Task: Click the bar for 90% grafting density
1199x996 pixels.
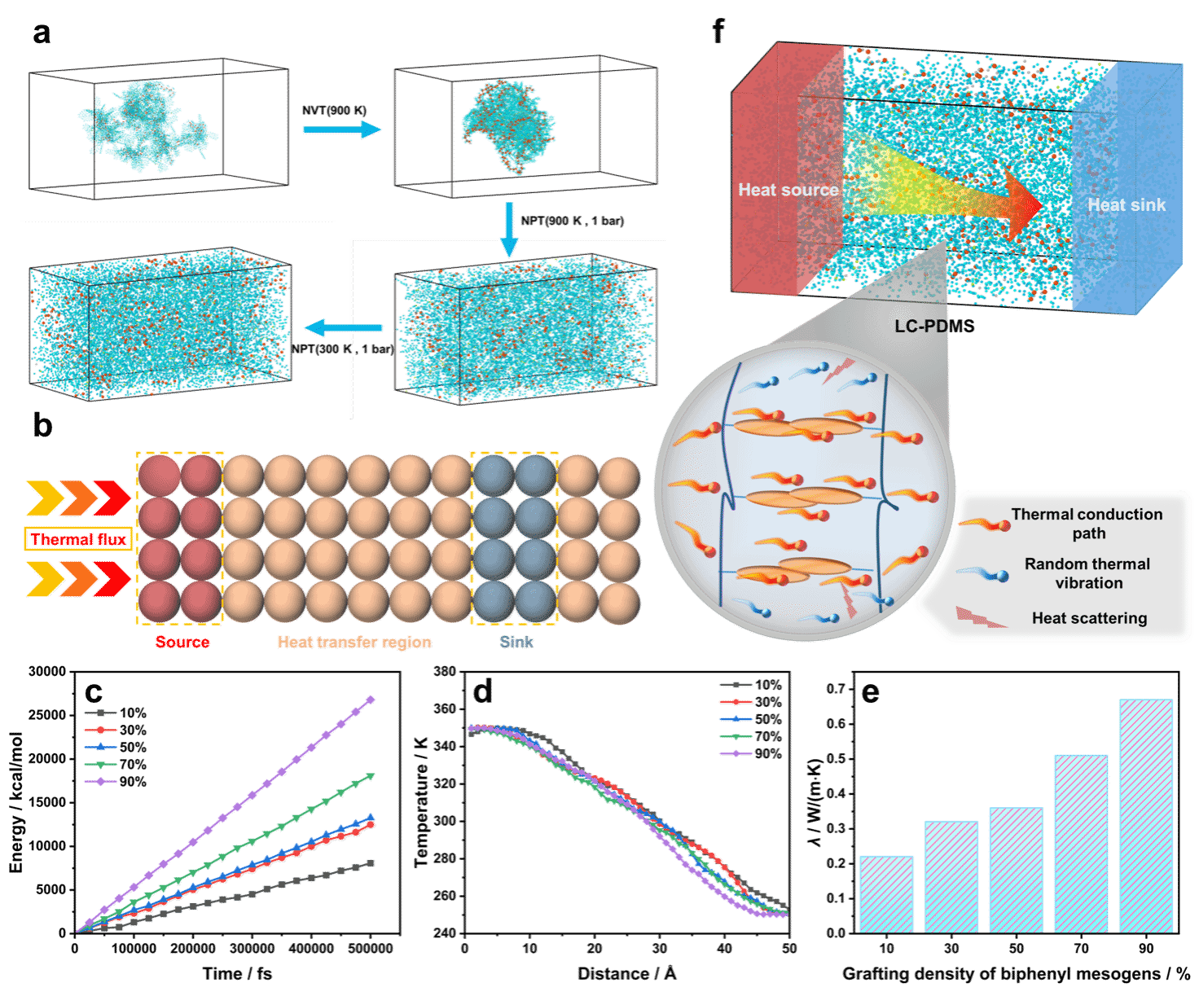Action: click(x=1145, y=816)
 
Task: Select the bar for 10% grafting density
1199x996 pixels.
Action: click(x=886, y=894)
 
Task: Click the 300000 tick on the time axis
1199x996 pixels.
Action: click(x=252, y=948)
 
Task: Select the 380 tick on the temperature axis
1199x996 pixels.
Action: click(x=445, y=671)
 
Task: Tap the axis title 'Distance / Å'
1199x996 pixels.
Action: click(x=626, y=974)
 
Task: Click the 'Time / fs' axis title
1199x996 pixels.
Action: click(x=237, y=974)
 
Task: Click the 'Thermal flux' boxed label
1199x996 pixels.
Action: click(x=78, y=539)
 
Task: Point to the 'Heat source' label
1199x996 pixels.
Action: click(x=788, y=190)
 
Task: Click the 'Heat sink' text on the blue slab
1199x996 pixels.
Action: click(x=1127, y=204)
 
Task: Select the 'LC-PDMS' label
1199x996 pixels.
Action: click(x=934, y=326)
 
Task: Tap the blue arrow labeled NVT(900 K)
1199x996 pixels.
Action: click(x=342, y=129)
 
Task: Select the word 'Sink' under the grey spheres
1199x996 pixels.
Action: click(x=516, y=642)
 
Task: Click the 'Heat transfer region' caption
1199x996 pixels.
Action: click(x=354, y=642)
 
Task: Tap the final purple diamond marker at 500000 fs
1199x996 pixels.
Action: click(x=371, y=700)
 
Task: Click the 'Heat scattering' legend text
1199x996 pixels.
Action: click(x=1089, y=617)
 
